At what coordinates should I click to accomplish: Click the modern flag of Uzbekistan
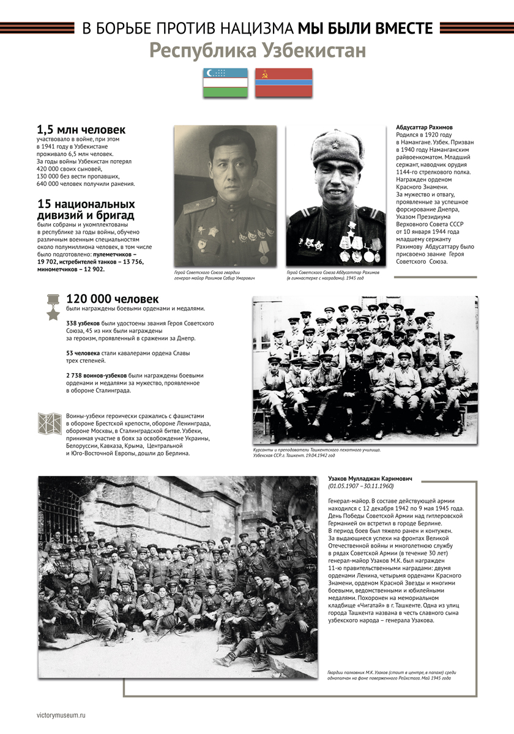pyautogui.click(x=225, y=83)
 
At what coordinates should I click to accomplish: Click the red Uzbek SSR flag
pyautogui.click(x=283, y=83)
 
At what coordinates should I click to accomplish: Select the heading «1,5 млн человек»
pyautogui.click(x=81, y=130)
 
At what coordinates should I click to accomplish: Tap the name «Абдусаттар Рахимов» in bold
pyautogui.click(x=423, y=127)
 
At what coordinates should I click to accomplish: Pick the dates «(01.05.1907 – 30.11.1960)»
pyautogui.click(x=360, y=486)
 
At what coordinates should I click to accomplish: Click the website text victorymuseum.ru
pyautogui.click(x=61, y=714)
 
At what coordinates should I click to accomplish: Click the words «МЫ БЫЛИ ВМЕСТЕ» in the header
pyautogui.click(x=365, y=28)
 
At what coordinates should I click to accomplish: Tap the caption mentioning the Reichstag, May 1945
pyautogui.click(x=392, y=675)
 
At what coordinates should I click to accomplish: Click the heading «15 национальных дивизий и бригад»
pyautogui.click(x=86, y=209)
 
